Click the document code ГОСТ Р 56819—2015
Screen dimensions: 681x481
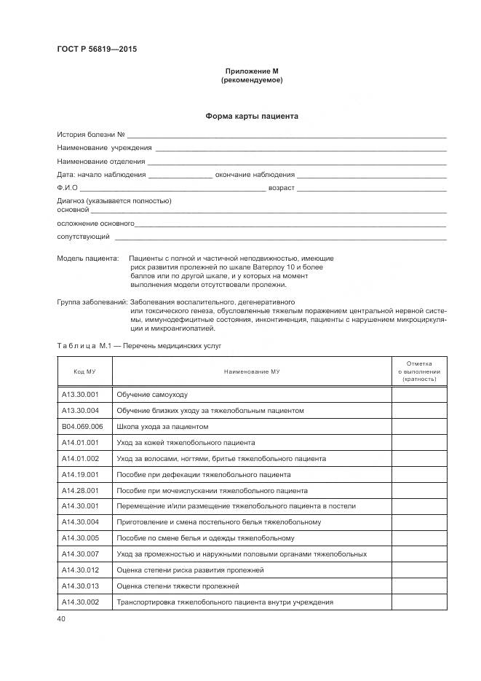(97, 50)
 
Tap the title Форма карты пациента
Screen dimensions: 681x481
(251, 116)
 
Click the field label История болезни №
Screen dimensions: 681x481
(92, 135)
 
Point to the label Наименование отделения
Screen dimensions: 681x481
(101, 161)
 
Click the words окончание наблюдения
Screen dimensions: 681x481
(255, 174)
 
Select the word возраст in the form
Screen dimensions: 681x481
(282, 187)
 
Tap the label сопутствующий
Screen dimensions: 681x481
(84, 237)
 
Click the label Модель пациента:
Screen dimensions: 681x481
(87, 259)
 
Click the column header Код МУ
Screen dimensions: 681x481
(84, 371)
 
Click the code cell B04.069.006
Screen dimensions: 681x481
(82, 427)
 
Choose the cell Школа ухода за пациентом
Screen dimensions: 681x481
(162, 427)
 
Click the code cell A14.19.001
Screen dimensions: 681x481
(80, 475)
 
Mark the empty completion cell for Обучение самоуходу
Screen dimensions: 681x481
(420, 395)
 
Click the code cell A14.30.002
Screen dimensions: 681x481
(80, 602)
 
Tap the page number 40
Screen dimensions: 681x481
(61, 619)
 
